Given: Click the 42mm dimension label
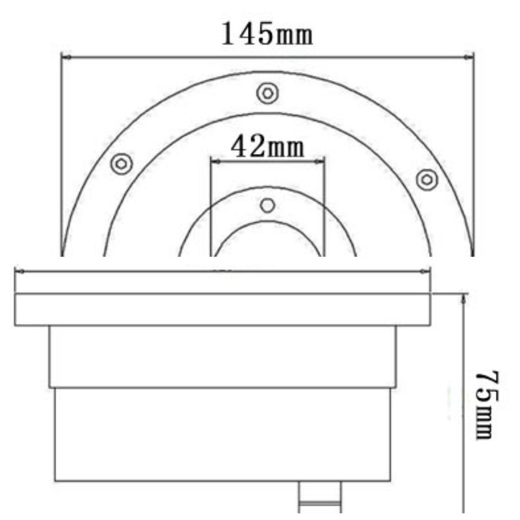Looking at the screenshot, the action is click(267, 148).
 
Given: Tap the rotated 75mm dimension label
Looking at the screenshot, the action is click(487, 405).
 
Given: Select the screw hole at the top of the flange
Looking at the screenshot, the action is click(268, 94).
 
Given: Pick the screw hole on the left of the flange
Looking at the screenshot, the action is click(122, 164).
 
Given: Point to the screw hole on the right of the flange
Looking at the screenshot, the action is click(427, 180).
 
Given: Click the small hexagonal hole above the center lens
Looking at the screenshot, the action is click(268, 205).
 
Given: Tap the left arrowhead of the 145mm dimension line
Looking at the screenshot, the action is click(66, 57).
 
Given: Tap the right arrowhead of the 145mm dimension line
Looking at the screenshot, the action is click(469, 57).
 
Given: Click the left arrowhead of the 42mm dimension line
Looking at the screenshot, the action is click(216, 161).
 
